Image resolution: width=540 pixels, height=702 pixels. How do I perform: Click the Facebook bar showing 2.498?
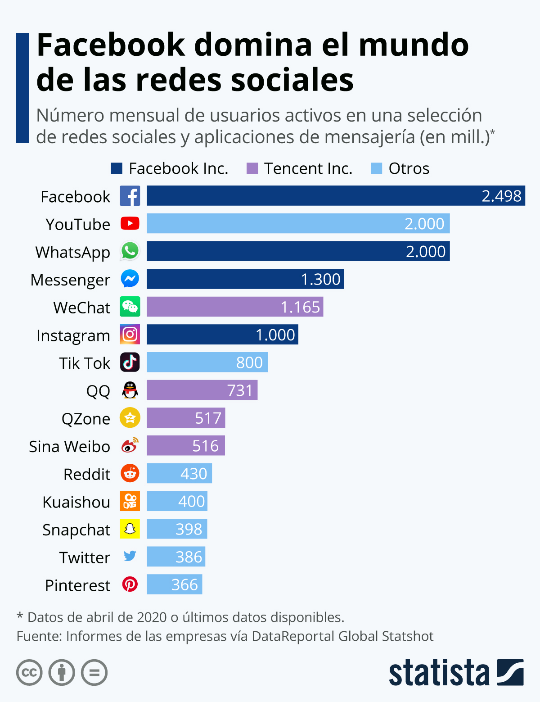click(x=336, y=196)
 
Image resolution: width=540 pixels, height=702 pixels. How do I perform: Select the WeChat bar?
click(x=235, y=307)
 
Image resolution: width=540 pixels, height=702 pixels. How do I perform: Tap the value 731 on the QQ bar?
click(x=240, y=390)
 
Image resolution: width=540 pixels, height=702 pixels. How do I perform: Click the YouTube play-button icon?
click(x=130, y=223)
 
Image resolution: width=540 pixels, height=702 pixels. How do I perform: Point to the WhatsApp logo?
click(x=130, y=251)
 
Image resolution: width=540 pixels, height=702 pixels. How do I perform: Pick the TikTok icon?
click(x=130, y=362)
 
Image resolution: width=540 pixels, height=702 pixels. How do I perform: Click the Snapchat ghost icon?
click(x=130, y=529)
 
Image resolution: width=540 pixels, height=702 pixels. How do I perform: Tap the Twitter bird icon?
click(x=130, y=556)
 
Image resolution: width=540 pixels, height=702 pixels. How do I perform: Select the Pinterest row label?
click(x=77, y=585)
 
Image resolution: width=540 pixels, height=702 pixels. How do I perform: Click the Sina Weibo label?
click(x=69, y=446)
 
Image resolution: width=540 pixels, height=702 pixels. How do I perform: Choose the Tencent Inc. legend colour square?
click(x=252, y=168)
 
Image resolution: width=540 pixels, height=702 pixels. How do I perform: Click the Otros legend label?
click(x=409, y=168)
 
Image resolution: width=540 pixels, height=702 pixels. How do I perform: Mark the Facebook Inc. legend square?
click(x=117, y=168)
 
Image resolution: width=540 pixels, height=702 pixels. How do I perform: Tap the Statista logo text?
click(x=439, y=673)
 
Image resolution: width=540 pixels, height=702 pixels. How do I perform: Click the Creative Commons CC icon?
click(x=29, y=673)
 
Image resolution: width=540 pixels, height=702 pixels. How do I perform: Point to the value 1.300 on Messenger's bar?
click(x=320, y=279)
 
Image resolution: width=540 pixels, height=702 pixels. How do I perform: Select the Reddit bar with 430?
click(x=179, y=473)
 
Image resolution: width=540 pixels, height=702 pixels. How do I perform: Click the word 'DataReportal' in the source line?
click(x=293, y=636)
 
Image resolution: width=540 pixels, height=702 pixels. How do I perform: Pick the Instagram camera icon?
click(x=130, y=335)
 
